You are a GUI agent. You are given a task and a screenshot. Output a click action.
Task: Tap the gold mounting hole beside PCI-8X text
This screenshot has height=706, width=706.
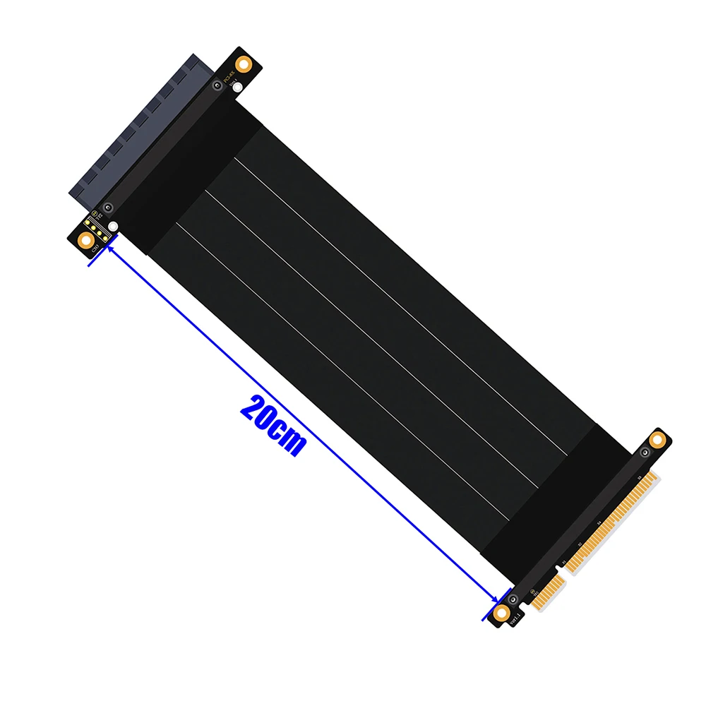pos(244,64)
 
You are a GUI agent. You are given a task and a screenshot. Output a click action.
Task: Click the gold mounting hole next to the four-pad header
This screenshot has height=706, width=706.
pos(87,241)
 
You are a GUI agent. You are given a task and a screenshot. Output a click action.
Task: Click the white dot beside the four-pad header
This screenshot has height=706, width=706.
pos(113,227)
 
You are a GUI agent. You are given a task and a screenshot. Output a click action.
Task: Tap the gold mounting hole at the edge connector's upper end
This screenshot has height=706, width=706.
pos(657,440)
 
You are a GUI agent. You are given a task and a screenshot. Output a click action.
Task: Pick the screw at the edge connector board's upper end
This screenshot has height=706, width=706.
pos(645,452)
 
